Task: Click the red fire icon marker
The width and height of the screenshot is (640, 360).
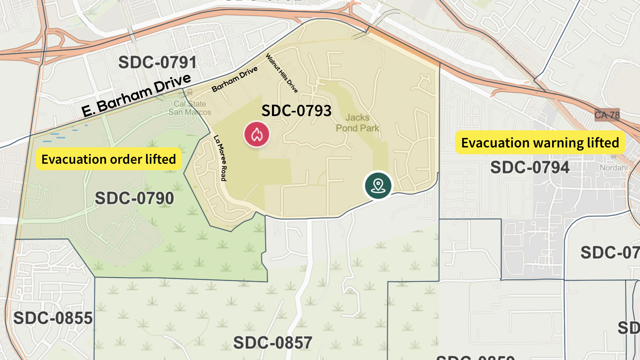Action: click(256, 134)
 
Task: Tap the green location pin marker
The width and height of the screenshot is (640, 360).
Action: click(378, 185)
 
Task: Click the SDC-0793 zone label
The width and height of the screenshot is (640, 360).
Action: click(296, 111)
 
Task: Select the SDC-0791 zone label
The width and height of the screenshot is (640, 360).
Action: click(158, 62)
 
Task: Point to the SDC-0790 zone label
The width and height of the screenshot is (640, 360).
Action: click(134, 198)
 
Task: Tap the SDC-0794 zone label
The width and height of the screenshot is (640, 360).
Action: click(529, 167)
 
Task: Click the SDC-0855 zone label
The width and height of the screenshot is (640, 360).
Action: click(53, 318)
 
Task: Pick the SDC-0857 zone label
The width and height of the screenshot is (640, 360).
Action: click(273, 343)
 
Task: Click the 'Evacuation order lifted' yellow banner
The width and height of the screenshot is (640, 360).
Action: click(109, 159)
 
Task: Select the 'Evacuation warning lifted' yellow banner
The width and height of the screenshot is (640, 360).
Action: click(540, 143)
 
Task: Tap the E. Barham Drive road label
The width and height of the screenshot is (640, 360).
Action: click(136, 95)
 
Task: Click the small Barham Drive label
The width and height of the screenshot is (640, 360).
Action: click(235, 79)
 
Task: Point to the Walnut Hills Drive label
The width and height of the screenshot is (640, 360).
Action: click(282, 73)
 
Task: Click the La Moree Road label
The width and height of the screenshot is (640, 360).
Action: click(220, 158)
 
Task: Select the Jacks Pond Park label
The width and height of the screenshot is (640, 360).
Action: click(357, 123)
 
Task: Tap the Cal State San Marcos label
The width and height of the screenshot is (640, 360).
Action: click(190, 108)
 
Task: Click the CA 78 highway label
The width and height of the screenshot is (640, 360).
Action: click(607, 115)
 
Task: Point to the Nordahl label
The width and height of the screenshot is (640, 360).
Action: click(614, 168)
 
